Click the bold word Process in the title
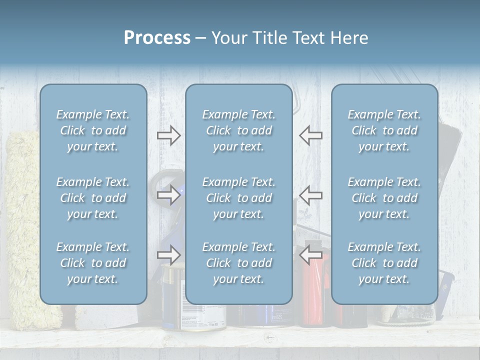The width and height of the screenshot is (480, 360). coord(157,38)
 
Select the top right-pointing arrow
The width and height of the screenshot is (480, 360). coord(169,135)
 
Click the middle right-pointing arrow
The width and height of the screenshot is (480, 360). coord(169,195)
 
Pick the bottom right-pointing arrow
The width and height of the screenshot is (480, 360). coord(169,255)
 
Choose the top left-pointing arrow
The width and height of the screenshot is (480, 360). coord(310,135)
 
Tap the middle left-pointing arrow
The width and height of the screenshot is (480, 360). coord(310,195)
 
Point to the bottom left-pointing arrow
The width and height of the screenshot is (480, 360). coord(310,255)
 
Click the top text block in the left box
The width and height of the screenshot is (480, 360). coord(93,130)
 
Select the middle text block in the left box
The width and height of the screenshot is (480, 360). coord(93,198)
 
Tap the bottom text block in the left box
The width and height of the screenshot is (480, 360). coord(93,263)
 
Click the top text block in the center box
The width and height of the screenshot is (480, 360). coord(238,130)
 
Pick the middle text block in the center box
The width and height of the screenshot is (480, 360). coord(238,198)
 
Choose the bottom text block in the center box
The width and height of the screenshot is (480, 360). coord(238,263)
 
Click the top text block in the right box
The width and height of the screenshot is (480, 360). coord(384,130)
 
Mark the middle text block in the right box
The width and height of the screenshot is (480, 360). coord(384,198)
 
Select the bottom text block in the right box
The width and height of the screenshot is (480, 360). coord(384,263)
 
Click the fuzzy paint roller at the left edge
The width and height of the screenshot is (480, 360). coord(22,225)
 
